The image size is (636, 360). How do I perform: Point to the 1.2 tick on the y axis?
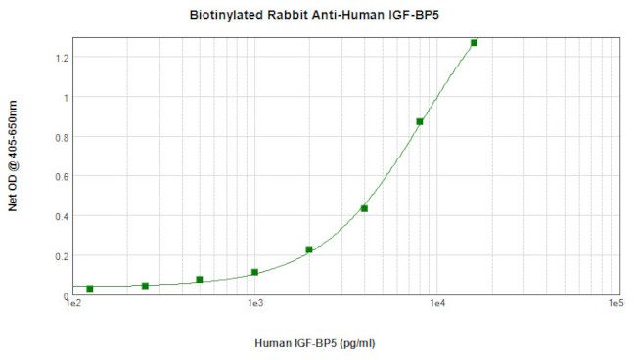(x=62, y=58)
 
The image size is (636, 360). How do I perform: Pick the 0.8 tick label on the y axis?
(x=62, y=137)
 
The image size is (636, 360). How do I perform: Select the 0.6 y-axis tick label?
(x=62, y=176)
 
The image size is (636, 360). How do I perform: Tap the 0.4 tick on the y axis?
(x=62, y=216)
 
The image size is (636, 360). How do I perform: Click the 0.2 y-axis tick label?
(x=62, y=256)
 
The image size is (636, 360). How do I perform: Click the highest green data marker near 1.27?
(x=474, y=43)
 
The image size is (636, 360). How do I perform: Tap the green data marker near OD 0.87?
(x=420, y=122)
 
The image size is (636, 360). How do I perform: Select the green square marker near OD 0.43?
(x=364, y=208)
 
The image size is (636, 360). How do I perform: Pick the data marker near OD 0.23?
(x=309, y=249)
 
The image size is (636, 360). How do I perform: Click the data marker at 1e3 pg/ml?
(x=254, y=273)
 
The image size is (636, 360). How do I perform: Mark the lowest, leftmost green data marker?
(x=90, y=289)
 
